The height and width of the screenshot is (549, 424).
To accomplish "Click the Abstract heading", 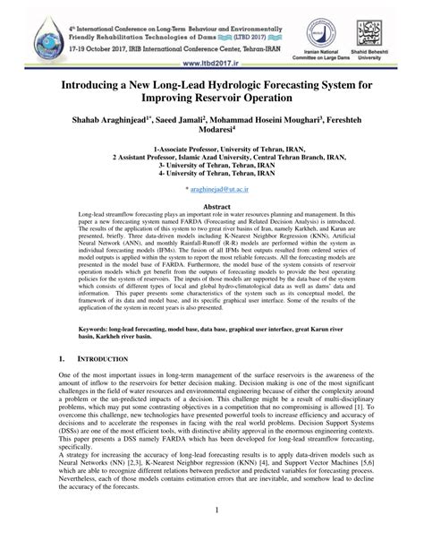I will pyautogui.click(x=212, y=205).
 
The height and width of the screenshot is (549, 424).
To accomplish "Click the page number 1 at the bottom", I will pyautogui.click(x=212, y=535).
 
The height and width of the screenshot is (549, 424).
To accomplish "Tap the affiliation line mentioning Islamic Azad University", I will pyautogui.click(x=212, y=157).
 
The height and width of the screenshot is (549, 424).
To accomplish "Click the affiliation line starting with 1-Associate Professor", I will pyautogui.click(x=212, y=149).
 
